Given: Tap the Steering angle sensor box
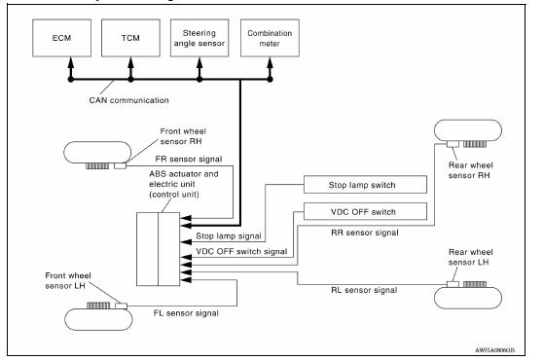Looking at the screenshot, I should pyautogui.click(x=200, y=42).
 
